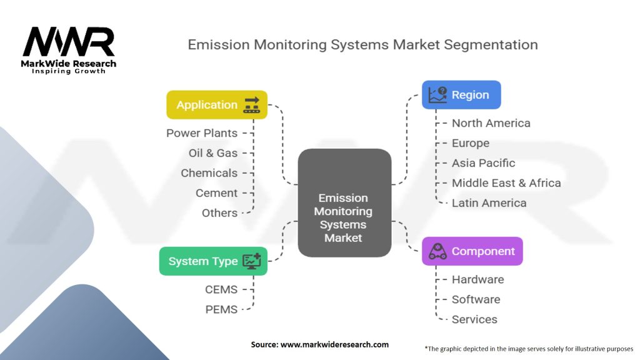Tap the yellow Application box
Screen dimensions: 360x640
pyautogui.click(x=216, y=105)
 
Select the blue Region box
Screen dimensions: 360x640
pyautogui.click(x=461, y=95)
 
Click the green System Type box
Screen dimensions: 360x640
pyautogui.click(x=213, y=261)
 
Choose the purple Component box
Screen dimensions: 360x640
pyautogui.click(x=472, y=251)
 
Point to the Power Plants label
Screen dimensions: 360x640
pyautogui.click(x=202, y=133)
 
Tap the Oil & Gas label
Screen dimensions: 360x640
pyautogui.click(x=213, y=153)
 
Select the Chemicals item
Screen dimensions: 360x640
pyautogui.click(x=209, y=173)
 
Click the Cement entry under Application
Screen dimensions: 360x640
pyautogui.click(x=216, y=193)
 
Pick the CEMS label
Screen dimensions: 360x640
pyautogui.click(x=221, y=289)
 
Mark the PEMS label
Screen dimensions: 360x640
pyautogui.click(x=221, y=309)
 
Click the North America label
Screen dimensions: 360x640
pyautogui.click(x=491, y=123)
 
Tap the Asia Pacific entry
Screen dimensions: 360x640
pyautogui.click(x=483, y=163)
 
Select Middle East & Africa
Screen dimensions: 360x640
pyautogui.click(x=506, y=183)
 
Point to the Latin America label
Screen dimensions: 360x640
pyautogui.click(x=489, y=203)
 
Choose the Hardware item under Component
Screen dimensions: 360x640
pyautogui.click(x=477, y=279)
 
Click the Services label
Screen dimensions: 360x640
pyautogui.click(x=474, y=319)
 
